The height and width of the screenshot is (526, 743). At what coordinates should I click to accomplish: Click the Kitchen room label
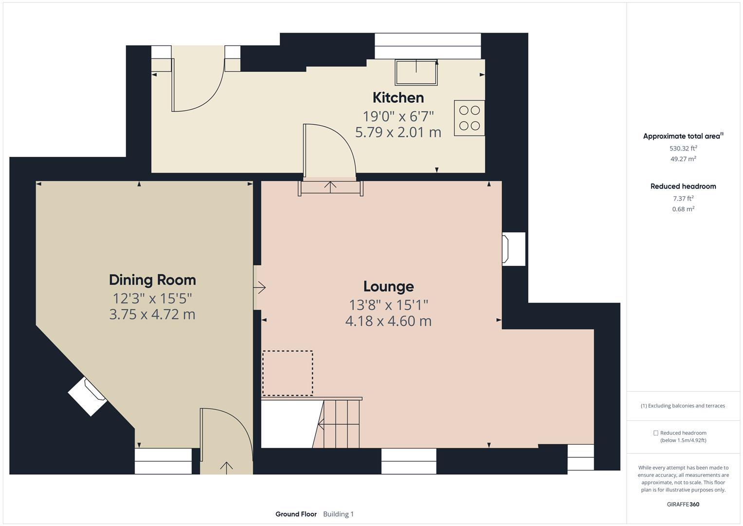398,97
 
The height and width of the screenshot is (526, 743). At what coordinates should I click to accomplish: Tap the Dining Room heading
152,280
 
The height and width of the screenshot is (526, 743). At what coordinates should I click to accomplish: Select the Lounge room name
388,286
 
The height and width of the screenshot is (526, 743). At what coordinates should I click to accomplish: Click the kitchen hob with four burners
469,118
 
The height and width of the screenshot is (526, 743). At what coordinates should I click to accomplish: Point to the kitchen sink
416,72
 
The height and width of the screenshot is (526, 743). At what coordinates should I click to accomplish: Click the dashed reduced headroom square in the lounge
288,373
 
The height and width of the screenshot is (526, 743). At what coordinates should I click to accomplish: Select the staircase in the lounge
339,423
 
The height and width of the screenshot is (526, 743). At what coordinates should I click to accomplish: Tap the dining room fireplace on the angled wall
88,396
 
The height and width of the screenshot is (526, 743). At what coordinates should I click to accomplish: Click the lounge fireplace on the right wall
513,249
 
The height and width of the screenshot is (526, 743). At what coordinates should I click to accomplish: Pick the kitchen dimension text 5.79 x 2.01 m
398,132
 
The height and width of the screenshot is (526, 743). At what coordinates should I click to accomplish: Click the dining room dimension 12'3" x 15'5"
152,298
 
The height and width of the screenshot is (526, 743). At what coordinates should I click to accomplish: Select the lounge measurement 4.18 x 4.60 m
388,321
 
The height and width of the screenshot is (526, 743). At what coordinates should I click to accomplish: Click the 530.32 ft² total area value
683,149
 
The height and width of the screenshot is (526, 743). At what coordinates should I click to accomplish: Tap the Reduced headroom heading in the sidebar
683,186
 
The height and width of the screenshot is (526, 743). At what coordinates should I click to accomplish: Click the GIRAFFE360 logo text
683,504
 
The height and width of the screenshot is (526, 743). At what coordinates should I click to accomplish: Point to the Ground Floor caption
296,514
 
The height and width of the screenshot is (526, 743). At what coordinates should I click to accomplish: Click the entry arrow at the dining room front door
226,467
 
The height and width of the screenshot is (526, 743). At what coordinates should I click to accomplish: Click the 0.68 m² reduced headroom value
683,209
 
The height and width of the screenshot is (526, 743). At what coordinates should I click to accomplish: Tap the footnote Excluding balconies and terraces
683,406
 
